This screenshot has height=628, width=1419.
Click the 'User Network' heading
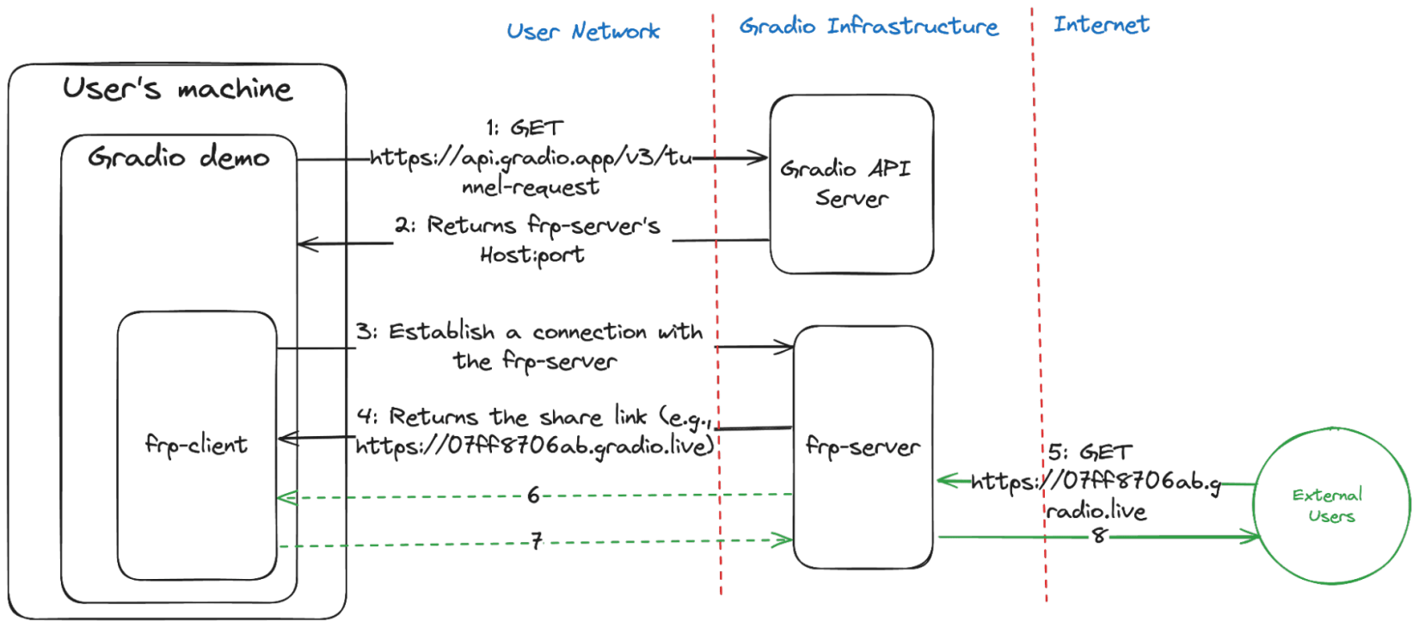point(584,33)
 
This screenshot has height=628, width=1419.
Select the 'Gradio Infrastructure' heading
point(869,27)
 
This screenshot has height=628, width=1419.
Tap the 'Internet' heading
point(1101,24)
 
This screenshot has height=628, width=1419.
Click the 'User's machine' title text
point(177,89)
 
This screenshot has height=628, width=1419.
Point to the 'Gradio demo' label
point(179,158)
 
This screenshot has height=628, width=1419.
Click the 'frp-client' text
point(196,445)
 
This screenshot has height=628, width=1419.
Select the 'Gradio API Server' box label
point(846,182)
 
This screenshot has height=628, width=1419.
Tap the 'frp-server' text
point(863,446)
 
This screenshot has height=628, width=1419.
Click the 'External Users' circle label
point(1328,506)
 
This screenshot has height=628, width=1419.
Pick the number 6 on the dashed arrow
point(533,495)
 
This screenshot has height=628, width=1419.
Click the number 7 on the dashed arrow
point(536,541)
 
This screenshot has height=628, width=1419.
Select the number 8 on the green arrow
point(1098,535)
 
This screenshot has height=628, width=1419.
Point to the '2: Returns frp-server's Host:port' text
point(529,239)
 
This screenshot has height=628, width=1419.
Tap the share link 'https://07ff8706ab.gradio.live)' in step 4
point(535,446)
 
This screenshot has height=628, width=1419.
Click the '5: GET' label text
point(1090,453)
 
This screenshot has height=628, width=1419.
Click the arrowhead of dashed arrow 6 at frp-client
point(286,496)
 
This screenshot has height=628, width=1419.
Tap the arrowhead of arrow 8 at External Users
point(1253,537)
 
